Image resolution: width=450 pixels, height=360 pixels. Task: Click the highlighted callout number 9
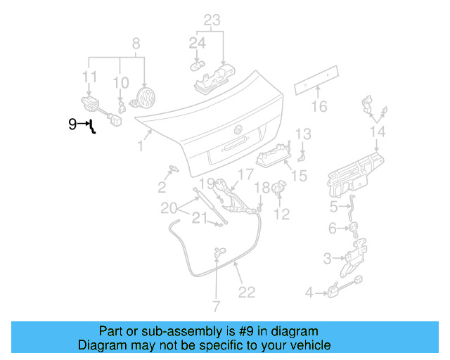[x=72, y=124]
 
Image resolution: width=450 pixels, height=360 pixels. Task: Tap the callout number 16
[x=320, y=107]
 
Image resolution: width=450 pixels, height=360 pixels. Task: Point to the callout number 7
[x=216, y=307]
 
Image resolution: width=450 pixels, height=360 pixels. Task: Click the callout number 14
[x=378, y=131]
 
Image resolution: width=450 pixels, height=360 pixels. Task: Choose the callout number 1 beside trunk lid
[x=141, y=147]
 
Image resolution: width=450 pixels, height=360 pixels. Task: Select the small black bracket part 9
[x=92, y=127]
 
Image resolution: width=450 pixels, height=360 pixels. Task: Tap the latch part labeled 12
[x=278, y=188]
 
